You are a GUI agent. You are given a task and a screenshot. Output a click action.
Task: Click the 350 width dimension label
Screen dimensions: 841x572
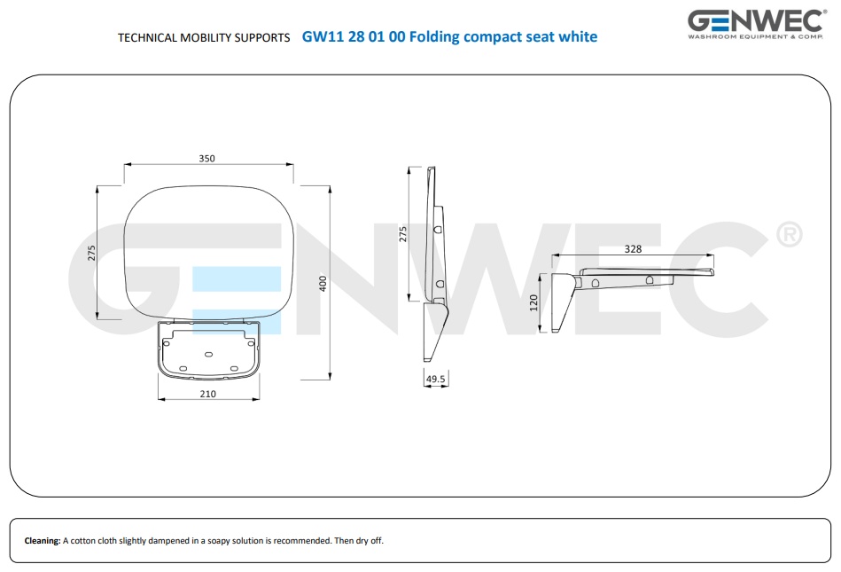click(x=206, y=158)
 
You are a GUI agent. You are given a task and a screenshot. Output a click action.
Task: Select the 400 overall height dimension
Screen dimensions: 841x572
click(x=323, y=283)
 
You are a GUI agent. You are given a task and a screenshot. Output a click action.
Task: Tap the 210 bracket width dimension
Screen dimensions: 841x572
click(x=208, y=394)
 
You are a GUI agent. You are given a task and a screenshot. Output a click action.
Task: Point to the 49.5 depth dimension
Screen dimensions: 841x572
click(x=435, y=379)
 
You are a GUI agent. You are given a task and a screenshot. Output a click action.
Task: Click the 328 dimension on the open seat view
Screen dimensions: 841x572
click(x=633, y=249)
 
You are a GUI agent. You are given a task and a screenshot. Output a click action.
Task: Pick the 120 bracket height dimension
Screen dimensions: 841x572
click(x=533, y=302)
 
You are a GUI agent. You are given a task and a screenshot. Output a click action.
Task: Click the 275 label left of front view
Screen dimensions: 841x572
click(x=91, y=253)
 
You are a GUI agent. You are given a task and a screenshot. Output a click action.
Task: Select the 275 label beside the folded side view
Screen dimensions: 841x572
click(x=403, y=234)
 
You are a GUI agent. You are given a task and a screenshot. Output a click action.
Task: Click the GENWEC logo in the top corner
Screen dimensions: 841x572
click(x=757, y=25)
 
